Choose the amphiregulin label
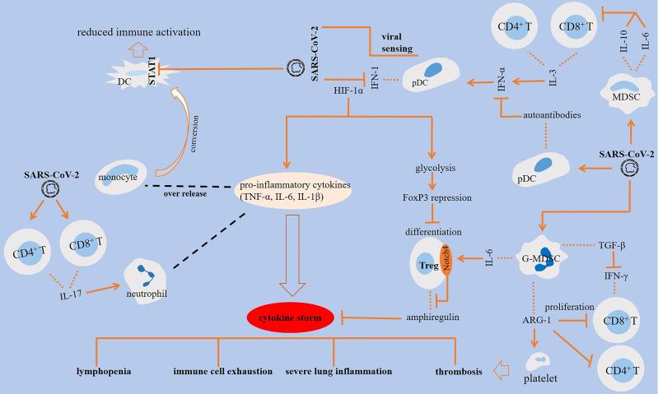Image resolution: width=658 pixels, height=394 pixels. click(x=432, y=316)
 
